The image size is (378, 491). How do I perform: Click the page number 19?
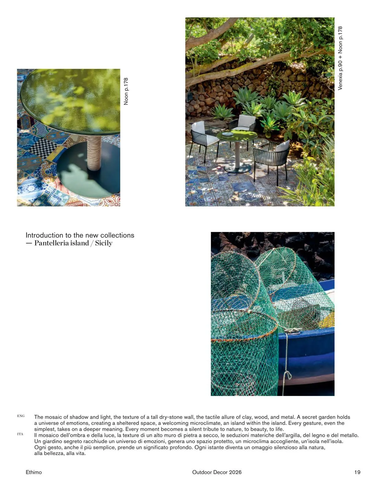click(x=357, y=472)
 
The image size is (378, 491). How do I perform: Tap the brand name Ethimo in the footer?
click(x=34, y=472)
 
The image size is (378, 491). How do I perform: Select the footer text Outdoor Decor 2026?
click(x=217, y=472)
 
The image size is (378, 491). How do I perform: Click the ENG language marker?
click(x=21, y=416)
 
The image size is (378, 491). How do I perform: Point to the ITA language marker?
click(x=20, y=434)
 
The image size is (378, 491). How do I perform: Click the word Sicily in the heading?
click(x=104, y=243)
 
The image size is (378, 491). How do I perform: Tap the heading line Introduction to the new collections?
click(x=80, y=235)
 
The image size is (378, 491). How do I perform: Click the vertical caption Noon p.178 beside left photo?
click(x=126, y=91)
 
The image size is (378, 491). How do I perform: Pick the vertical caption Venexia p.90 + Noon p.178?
click(x=340, y=58)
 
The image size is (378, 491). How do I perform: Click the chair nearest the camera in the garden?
click(x=272, y=157)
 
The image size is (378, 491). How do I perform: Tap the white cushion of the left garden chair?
click(x=198, y=127)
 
